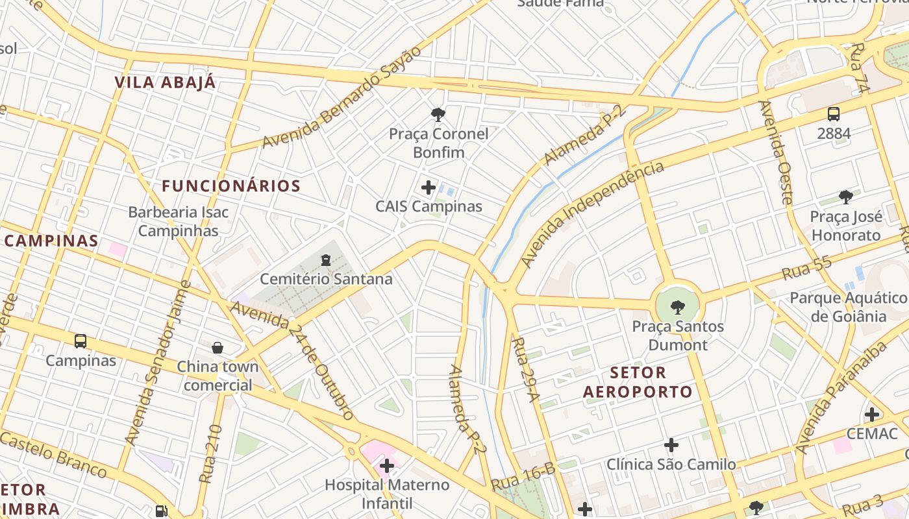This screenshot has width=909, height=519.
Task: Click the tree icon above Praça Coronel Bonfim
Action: (x=438, y=115)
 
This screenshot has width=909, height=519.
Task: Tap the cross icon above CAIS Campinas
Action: (x=429, y=187)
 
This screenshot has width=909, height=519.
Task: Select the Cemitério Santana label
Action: (x=326, y=279)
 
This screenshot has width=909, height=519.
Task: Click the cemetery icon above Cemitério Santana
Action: (x=325, y=260)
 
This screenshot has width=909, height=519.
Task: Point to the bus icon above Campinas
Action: (x=81, y=341)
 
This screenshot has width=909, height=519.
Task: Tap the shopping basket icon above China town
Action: (x=218, y=348)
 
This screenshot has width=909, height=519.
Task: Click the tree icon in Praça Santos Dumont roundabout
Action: (x=677, y=306)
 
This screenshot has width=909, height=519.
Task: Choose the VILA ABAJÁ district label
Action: (x=165, y=82)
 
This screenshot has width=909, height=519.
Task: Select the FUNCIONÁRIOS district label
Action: (x=231, y=186)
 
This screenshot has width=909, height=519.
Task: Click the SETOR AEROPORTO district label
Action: (x=638, y=382)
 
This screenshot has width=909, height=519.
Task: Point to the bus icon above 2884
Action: (x=834, y=114)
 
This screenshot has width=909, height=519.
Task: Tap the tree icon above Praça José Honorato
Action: (x=845, y=197)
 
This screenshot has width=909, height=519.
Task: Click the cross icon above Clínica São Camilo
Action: (x=671, y=445)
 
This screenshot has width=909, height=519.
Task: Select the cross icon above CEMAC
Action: (x=872, y=414)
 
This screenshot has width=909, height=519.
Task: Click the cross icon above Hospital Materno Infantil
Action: (x=387, y=465)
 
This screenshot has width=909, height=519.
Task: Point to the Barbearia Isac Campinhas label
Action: (x=179, y=221)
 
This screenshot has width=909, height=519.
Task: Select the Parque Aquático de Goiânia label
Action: (x=849, y=307)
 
